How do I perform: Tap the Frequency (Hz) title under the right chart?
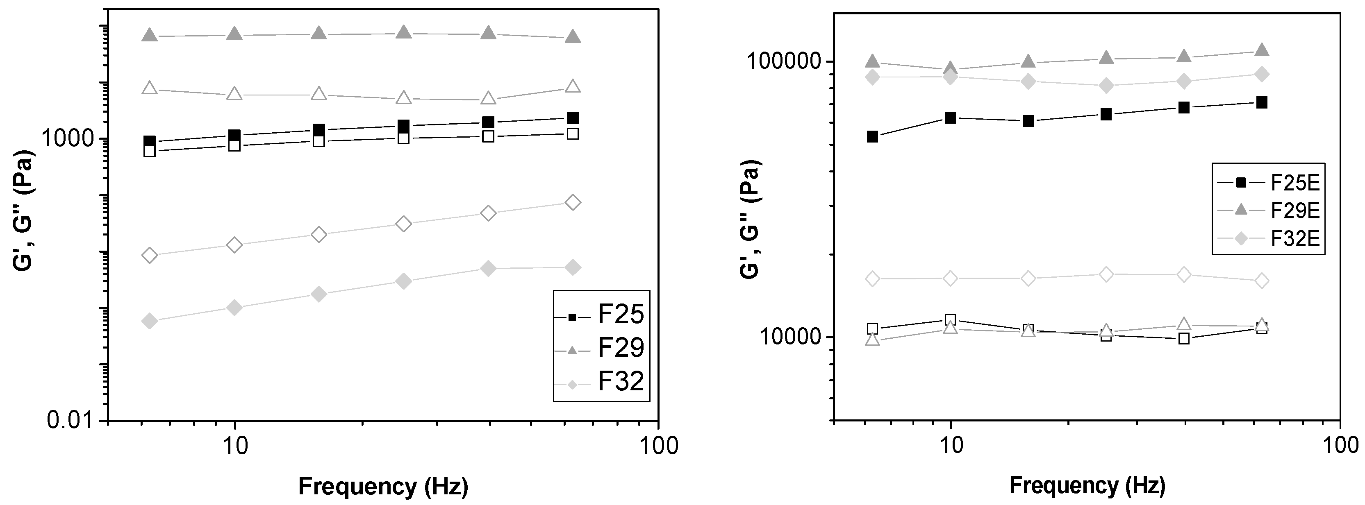[1087, 485]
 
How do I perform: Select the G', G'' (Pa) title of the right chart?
[750, 219]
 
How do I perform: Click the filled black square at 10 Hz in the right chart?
[950, 118]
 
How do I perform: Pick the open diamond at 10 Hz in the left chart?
[235, 245]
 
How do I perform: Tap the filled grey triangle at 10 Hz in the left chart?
[235, 34]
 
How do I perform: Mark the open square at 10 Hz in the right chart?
[950, 320]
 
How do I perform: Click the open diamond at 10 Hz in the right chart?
[950, 279]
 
